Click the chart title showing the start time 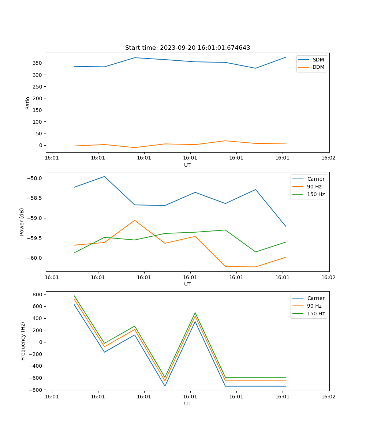[187, 48]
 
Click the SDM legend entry [318, 60]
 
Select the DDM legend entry [318, 67]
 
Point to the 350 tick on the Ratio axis [38, 63]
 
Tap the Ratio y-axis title [28, 103]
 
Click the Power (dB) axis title [22, 222]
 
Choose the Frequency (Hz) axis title [23, 341]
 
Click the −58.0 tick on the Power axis [35, 178]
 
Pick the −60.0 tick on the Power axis [35, 258]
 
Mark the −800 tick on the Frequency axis [37, 390]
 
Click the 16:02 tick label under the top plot [328, 158]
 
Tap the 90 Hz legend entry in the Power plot [314, 187]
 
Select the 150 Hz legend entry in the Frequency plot [315, 314]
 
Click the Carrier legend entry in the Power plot [315, 179]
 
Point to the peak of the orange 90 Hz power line [135, 220]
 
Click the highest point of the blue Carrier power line [104, 176]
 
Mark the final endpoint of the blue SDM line [286, 57]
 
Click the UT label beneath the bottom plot [187, 404]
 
